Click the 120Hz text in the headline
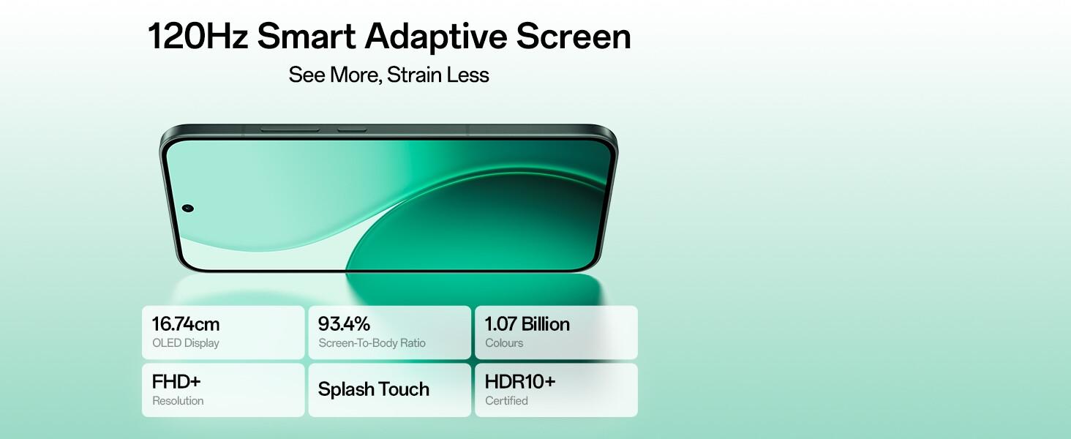coord(198,37)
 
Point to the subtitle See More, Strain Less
coord(388,75)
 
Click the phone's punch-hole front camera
coord(188,209)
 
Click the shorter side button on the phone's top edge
coord(352,130)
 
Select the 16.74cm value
coord(186,324)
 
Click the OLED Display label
coord(186,343)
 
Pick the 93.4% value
coord(344,324)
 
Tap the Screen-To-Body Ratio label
coord(372,343)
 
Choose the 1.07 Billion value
coord(527,324)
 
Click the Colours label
coord(504,343)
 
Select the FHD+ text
coord(176,382)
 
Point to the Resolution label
coord(178,401)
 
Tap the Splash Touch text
coord(373,390)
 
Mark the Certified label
coord(506,401)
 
